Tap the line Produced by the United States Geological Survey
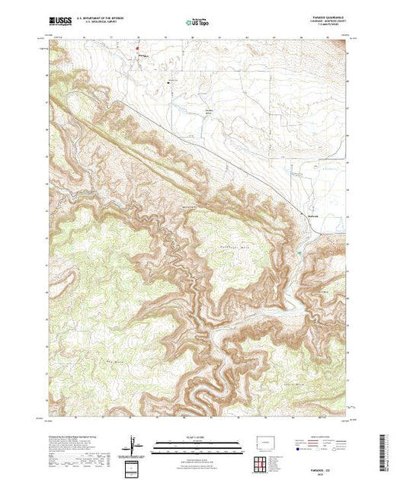[69, 437]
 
